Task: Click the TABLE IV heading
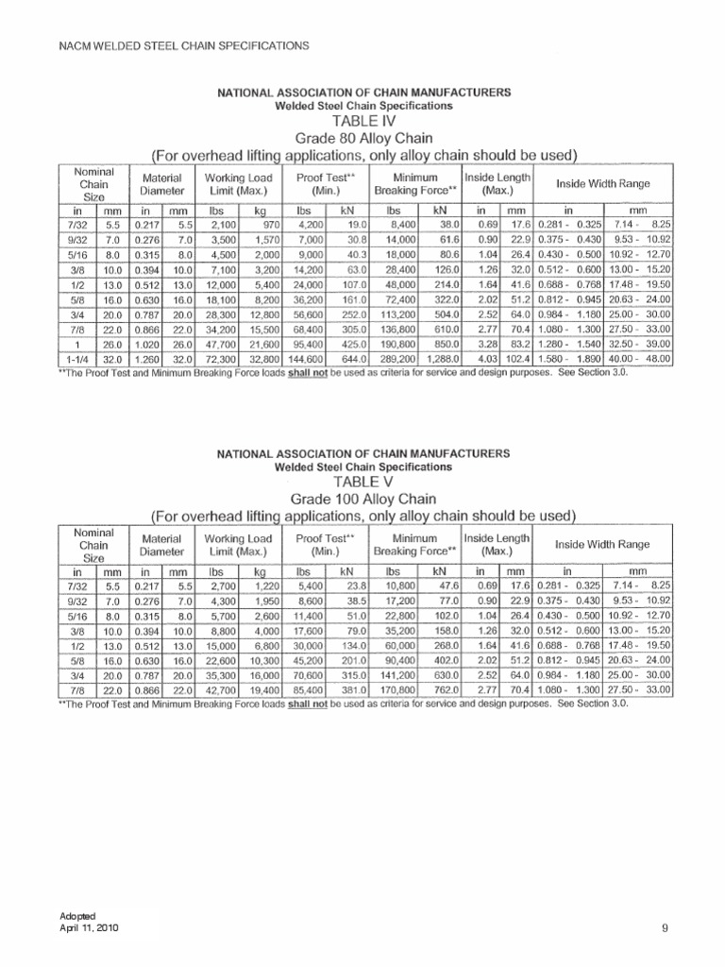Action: [x=363, y=121]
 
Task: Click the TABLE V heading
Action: [x=363, y=482]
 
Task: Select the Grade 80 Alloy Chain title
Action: [x=363, y=138]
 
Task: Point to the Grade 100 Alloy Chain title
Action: [x=363, y=499]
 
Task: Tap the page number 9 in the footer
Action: [x=665, y=929]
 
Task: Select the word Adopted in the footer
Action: [x=76, y=919]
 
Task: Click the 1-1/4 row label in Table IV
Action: [x=78, y=360]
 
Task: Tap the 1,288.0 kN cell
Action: [x=441, y=360]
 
